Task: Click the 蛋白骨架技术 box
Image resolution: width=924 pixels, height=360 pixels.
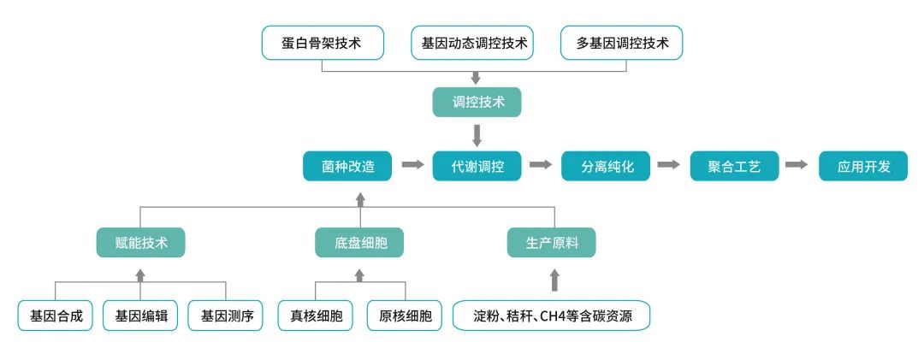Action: click(322, 43)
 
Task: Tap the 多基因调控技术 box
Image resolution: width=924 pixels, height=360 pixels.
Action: click(622, 43)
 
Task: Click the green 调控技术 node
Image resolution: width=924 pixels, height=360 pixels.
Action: click(477, 102)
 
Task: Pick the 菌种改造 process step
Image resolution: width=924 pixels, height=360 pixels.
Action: click(347, 165)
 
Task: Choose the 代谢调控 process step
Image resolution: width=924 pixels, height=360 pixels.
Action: click(477, 165)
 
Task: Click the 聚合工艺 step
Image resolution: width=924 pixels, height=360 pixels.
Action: click(735, 165)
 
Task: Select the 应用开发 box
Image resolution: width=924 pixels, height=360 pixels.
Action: click(864, 165)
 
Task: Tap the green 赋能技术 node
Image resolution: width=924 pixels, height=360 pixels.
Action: click(140, 243)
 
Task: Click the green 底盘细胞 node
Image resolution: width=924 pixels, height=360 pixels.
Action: click(359, 243)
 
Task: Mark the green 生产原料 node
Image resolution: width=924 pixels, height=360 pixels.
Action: click(552, 243)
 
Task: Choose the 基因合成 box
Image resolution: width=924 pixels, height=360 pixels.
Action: click(56, 316)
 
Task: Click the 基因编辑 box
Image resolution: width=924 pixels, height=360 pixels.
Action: click(140, 316)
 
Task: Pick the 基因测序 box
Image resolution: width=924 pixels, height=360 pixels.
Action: click(227, 316)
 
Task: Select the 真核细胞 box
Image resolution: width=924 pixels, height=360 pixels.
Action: click(316, 316)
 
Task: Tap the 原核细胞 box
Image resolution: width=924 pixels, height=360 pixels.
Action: click(405, 316)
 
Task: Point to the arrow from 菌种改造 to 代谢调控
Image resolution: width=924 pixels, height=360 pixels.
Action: click(412, 164)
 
